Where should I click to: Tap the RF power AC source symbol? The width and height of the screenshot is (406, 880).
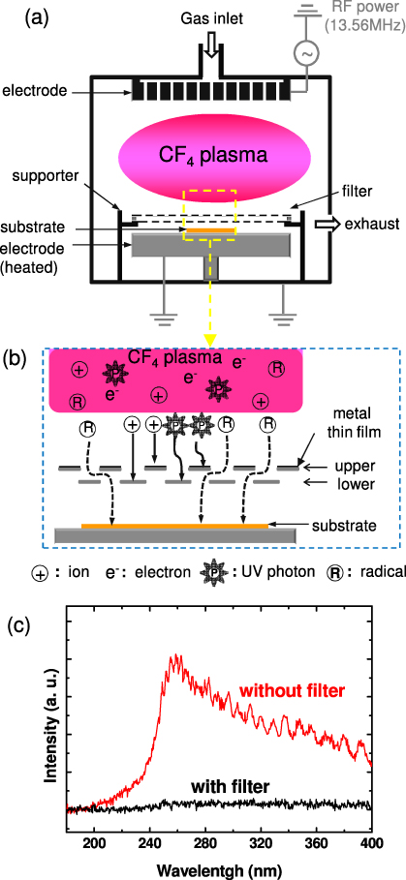point(308,55)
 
